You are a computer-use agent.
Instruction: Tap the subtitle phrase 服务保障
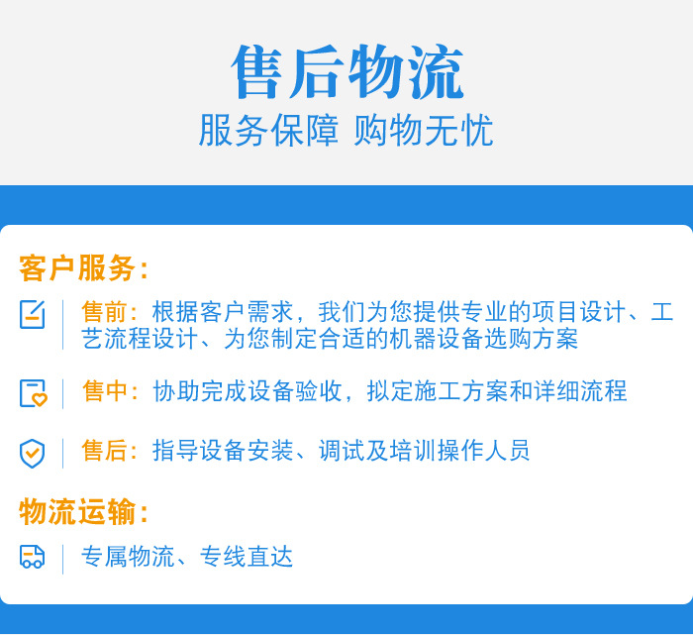(268, 131)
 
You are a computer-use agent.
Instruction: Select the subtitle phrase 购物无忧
(424, 131)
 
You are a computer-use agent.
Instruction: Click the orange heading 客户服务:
(84, 268)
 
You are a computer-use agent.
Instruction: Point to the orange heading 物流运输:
(84, 512)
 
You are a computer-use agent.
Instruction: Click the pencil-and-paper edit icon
(33, 314)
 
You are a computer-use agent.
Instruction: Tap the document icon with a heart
(33, 393)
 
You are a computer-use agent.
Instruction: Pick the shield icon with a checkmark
(33, 453)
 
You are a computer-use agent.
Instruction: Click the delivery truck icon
(33, 557)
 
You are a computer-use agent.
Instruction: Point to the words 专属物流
(128, 557)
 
